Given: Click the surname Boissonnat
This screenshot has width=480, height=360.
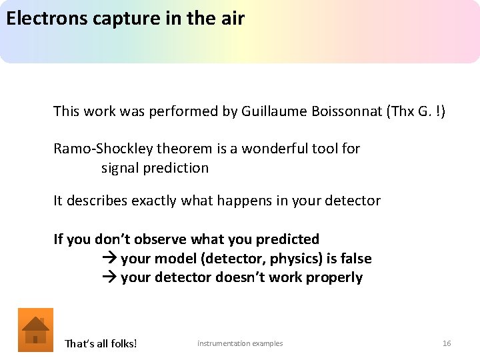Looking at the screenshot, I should coord(346,111).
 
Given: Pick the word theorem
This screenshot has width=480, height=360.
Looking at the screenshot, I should coord(170,149).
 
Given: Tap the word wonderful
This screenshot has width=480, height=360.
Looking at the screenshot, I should coord(276,149).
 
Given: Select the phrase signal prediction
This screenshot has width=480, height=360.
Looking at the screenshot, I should coord(155,168).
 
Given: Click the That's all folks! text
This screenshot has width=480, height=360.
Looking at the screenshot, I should coord(101,344).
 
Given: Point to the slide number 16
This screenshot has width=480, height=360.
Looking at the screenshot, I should coord(447,343).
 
